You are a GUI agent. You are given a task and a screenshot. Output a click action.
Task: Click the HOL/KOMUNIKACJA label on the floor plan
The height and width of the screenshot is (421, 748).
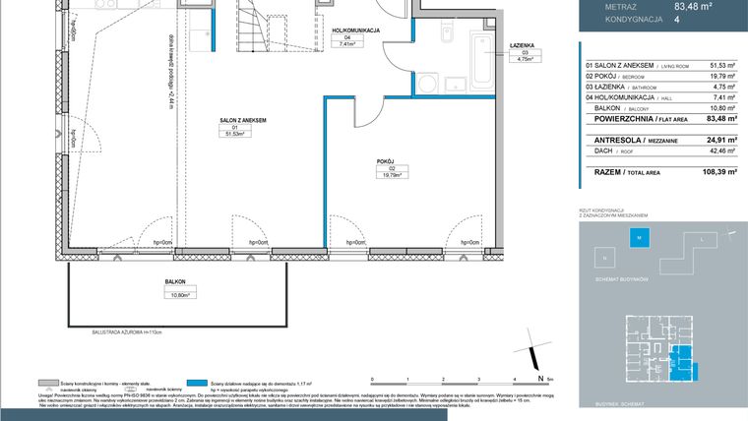[x=357, y=30]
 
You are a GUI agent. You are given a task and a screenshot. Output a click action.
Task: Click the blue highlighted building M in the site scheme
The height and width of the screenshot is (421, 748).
[x=638, y=238]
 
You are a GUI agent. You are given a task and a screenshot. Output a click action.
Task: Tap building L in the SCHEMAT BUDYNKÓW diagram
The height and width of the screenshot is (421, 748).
[x=701, y=239]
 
